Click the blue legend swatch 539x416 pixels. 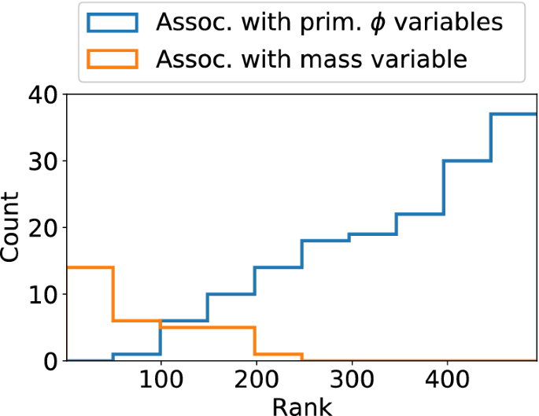(114, 23)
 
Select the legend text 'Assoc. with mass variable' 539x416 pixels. (312, 58)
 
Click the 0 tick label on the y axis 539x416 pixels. (50, 361)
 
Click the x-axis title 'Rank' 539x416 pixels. (301, 406)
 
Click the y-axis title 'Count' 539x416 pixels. (11, 228)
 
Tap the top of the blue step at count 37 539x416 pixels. (514, 114)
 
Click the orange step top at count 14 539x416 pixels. (90, 267)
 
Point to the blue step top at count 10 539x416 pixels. (231, 294)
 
